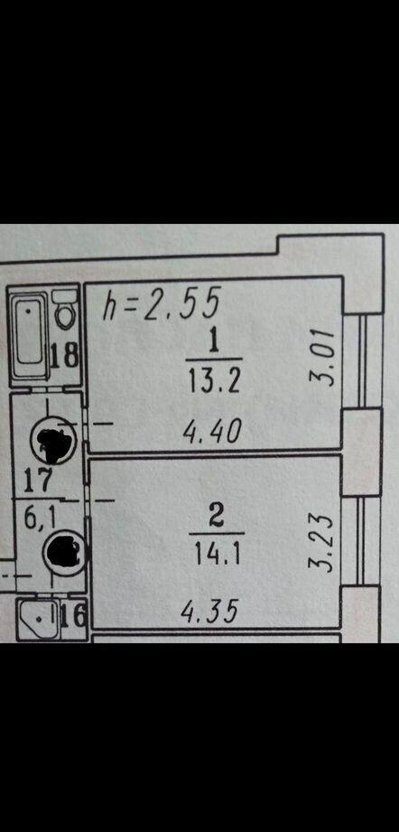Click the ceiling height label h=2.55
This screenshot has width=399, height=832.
pyautogui.click(x=161, y=304)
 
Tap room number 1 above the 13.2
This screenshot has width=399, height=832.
pyautogui.click(x=214, y=342)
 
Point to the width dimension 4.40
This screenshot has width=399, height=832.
pyautogui.click(x=212, y=432)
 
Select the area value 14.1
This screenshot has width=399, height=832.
pyautogui.click(x=217, y=555)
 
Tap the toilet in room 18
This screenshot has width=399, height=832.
pyautogui.click(x=65, y=311)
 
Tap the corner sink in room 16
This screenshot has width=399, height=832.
pyautogui.click(x=36, y=617)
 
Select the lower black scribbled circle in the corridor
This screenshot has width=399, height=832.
pyautogui.click(x=64, y=552)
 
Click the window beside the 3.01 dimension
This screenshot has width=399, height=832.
pyautogui.click(x=363, y=361)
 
